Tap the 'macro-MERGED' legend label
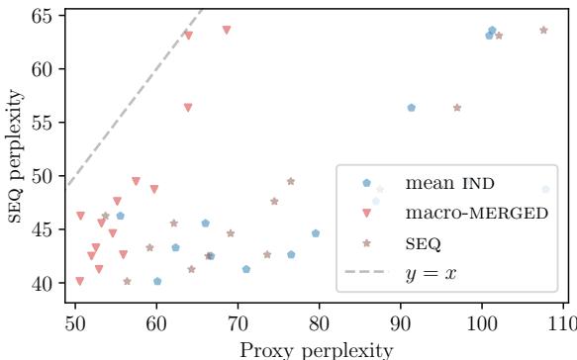pos(476,213)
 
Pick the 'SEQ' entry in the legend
pos(422,241)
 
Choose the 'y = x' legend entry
pos(431,271)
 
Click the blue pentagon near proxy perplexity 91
pos(412,108)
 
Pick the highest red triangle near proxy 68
pos(227,31)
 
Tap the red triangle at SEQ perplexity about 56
pos(188,108)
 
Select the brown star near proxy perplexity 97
pos(457,108)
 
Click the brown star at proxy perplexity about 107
pos(543,31)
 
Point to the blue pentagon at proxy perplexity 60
pos(157,281)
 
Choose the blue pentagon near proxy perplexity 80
pos(316,233)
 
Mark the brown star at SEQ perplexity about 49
pos(291,182)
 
